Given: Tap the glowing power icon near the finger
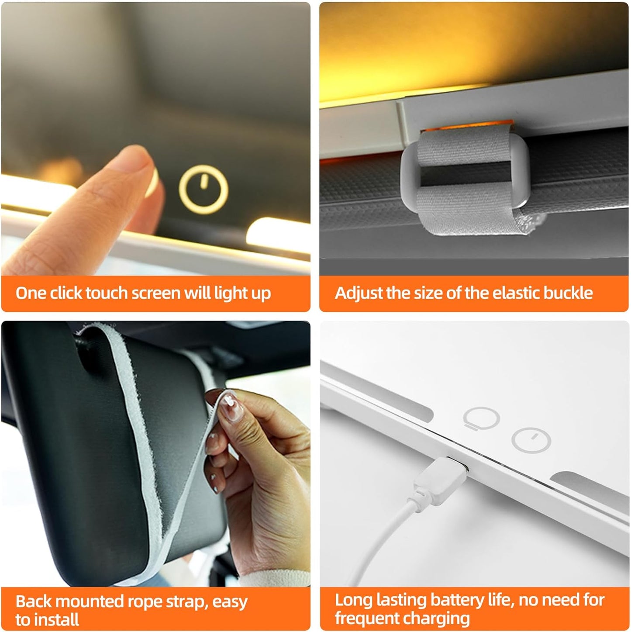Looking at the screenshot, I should point(203,190).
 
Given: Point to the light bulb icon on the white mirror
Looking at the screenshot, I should point(481,418).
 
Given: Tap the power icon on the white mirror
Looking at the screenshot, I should point(531,439).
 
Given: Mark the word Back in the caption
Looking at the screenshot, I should point(34,602).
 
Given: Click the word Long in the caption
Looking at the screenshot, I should point(353,600).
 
